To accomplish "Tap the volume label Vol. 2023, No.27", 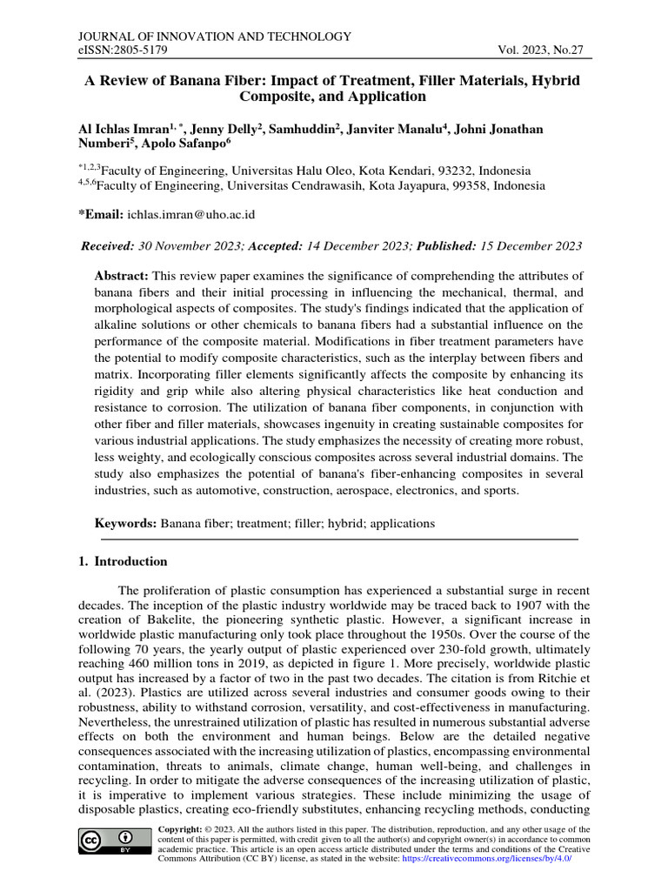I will tap(538, 51).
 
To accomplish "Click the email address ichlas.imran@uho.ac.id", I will tap(191, 214).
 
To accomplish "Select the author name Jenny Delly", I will tap(235, 130).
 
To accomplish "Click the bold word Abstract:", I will tap(121, 276).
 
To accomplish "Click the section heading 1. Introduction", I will tap(123, 561).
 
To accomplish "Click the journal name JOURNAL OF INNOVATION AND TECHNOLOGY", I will tap(215, 37).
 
